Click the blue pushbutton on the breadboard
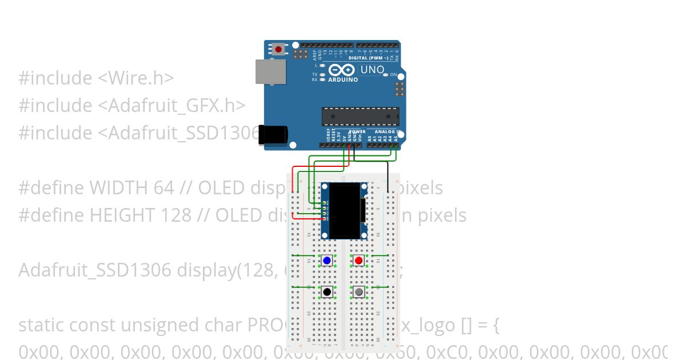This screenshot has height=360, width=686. pyautogui.click(x=327, y=261)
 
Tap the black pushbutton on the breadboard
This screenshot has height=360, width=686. pyautogui.click(x=327, y=292)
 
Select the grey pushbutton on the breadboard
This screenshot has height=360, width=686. pyautogui.click(x=358, y=292)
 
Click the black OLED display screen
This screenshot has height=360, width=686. pyautogui.click(x=344, y=211)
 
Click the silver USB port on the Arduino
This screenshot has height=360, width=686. pyautogui.click(x=270, y=71)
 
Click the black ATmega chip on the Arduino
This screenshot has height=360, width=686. pyautogui.click(x=360, y=116)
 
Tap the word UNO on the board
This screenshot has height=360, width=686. pyautogui.click(x=372, y=70)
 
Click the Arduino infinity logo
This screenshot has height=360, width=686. pyautogui.click(x=341, y=70)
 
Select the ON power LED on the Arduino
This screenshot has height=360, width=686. pyautogui.click(x=385, y=75)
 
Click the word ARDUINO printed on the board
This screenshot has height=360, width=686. pyautogui.click(x=342, y=80)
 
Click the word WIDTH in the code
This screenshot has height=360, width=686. pyautogui.click(x=118, y=187)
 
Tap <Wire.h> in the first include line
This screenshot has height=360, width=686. pyautogui.click(x=136, y=78)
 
